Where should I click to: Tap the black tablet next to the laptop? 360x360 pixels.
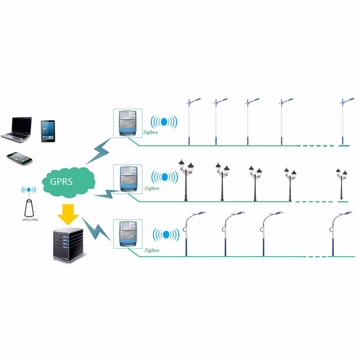point(48,131)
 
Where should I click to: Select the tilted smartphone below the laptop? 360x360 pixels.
point(19,157)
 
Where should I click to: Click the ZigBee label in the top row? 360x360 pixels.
point(151,132)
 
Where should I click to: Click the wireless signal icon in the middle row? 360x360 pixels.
point(164,176)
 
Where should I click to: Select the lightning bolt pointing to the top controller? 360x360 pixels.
point(99,152)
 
